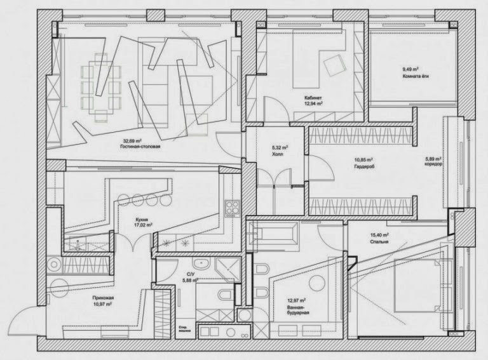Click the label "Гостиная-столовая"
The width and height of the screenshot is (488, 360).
pyautogui.click(x=140, y=147)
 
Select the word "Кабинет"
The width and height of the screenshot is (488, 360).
pyautogui.click(x=314, y=98)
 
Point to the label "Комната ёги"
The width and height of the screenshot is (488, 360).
pyautogui.click(x=416, y=76)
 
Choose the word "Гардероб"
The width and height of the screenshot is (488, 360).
pyautogui.click(x=364, y=166)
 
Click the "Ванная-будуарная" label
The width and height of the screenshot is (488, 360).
pyautogui.click(x=297, y=309)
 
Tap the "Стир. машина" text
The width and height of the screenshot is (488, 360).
pyautogui.click(x=186, y=329)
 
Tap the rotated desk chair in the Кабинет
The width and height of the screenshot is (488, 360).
pyautogui.click(x=332, y=64)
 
